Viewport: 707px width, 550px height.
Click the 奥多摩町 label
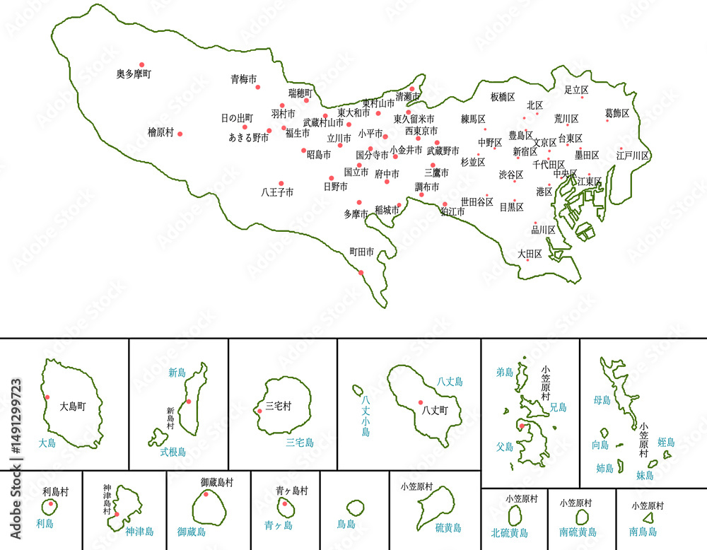tap(134, 74)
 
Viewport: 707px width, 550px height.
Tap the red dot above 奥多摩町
tap(141, 64)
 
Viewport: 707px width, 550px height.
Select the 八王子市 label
tap(277, 192)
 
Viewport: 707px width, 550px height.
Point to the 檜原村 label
tap(160, 131)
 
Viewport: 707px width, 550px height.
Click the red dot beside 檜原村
tap(180, 134)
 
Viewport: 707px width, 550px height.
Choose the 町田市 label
tap(361, 252)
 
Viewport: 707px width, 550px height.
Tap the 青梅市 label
tap(244, 79)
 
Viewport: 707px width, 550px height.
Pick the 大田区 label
tap(530, 254)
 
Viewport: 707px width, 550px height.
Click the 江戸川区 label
tap(632, 156)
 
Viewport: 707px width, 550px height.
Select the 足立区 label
tap(576, 90)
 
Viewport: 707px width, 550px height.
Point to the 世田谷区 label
tap(477, 202)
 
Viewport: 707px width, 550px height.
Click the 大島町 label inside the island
tap(72, 407)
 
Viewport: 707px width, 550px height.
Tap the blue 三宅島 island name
tap(300, 443)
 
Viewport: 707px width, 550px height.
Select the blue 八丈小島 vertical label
tap(366, 416)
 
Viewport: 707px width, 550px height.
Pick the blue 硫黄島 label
tap(448, 527)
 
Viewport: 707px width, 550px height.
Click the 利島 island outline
tap(49, 507)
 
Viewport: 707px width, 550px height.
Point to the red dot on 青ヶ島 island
tap(284, 503)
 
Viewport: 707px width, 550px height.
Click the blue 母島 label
tap(602, 401)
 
